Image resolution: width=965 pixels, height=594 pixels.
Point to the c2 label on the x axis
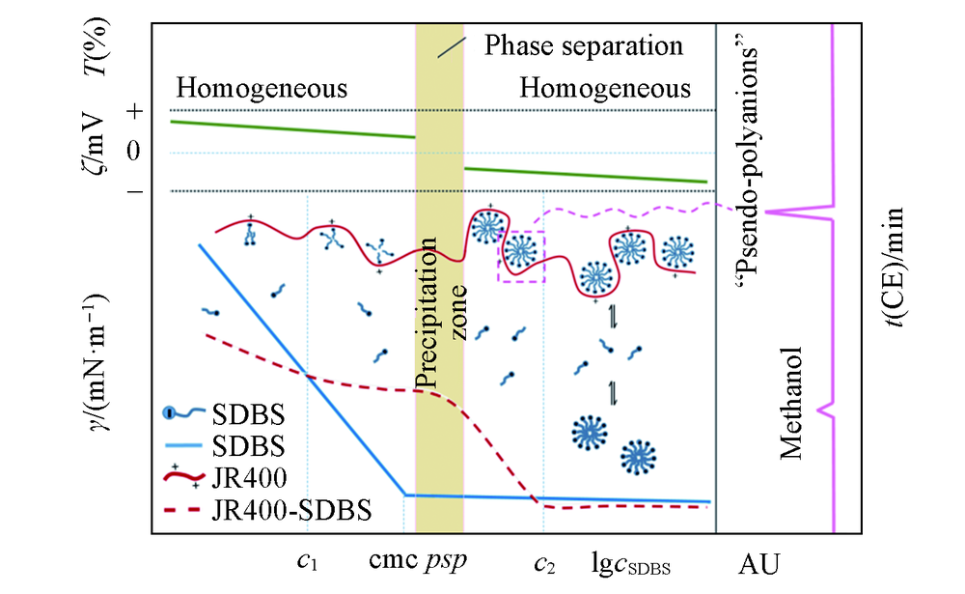coord(544,560)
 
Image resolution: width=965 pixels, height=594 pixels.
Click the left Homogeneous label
coord(261,90)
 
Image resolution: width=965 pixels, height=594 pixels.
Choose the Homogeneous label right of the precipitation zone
coord(605,90)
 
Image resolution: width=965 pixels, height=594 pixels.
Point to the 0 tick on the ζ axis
coord(135,151)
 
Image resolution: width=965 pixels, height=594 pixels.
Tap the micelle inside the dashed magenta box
coord(521,253)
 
